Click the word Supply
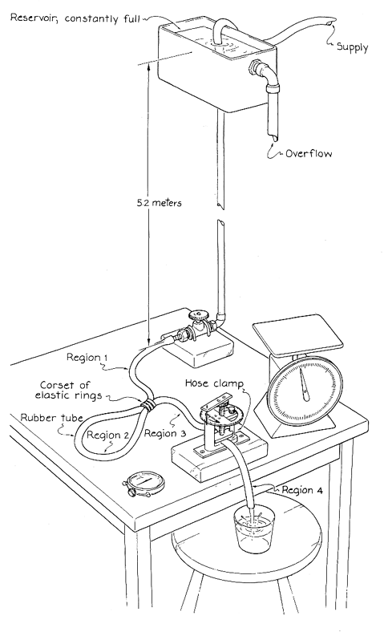tap(352, 47)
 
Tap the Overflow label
tap(309, 153)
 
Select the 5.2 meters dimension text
tap(159, 203)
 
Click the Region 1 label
tap(87, 358)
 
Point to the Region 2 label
tap(108, 435)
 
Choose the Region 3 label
tap(165, 433)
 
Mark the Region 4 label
tap(302, 490)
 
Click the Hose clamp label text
tap(215, 383)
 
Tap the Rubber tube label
tap(52, 418)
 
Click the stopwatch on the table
tap(144, 484)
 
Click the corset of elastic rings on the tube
tap(148, 405)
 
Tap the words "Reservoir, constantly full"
tap(75, 18)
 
